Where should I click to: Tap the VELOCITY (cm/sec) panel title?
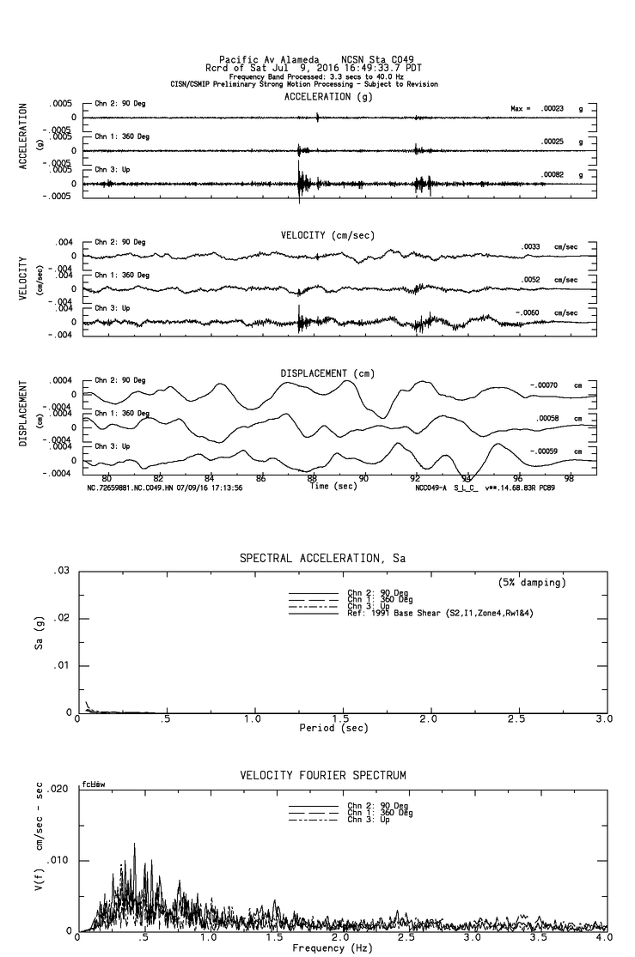327,235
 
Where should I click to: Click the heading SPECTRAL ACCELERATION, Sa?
322,559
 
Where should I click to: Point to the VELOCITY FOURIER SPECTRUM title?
322,776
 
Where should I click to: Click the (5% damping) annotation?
532,583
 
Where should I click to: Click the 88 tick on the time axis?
313,478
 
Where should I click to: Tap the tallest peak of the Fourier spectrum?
134,844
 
